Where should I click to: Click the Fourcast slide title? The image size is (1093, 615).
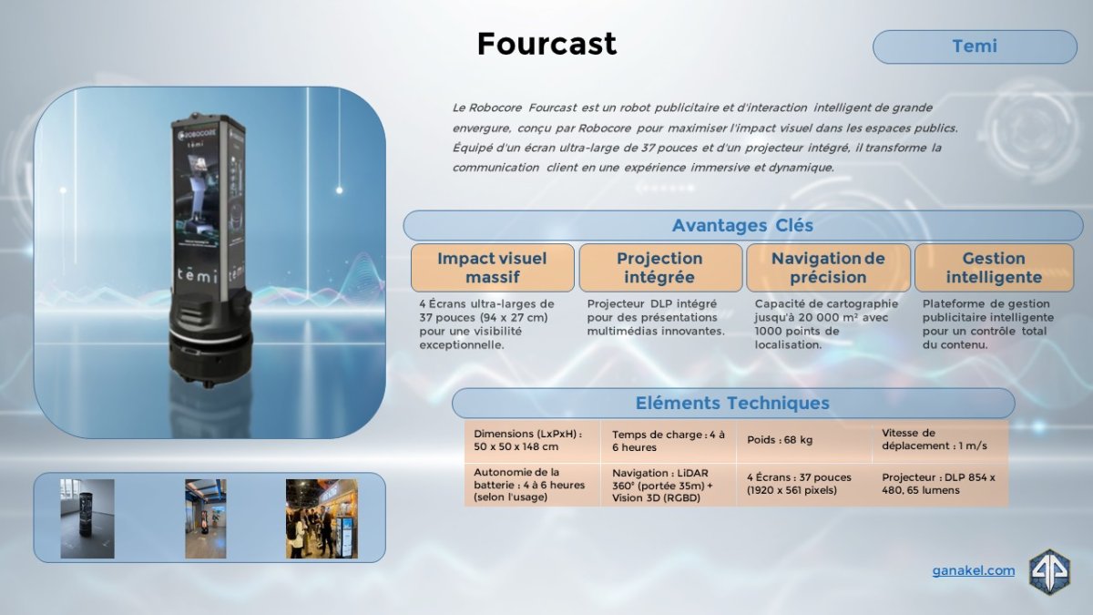(x=546, y=44)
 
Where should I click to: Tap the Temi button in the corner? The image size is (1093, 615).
(x=975, y=46)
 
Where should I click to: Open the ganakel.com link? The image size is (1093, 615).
(x=974, y=570)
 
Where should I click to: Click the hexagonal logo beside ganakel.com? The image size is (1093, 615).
(x=1049, y=572)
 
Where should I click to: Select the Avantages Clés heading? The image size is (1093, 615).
(x=742, y=226)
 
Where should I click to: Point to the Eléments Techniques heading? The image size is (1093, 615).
(x=733, y=403)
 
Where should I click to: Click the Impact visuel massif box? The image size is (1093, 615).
(x=492, y=268)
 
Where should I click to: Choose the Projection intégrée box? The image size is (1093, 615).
(x=659, y=268)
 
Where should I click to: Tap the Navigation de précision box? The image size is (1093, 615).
(x=828, y=268)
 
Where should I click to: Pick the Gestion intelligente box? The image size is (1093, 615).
(x=994, y=268)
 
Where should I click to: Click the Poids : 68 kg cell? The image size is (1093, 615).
(x=803, y=441)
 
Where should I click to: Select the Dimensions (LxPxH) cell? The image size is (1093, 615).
(x=532, y=441)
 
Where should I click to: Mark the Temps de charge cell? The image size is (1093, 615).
(x=668, y=441)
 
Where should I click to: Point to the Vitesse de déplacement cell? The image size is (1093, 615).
(x=940, y=441)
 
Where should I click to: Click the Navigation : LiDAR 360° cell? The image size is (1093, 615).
(x=668, y=485)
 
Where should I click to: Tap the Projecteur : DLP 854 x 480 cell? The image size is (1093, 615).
(x=940, y=485)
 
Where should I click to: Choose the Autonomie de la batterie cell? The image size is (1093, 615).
(x=532, y=485)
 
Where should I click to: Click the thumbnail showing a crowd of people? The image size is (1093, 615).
(x=322, y=518)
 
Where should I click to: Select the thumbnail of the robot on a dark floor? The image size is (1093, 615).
(x=87, y=518)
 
